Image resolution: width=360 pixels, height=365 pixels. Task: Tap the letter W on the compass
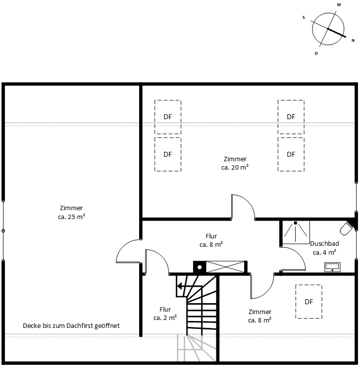tap(339, 4)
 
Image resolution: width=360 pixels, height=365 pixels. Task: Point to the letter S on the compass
tap(304, 17)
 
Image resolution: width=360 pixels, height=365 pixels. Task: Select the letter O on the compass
tap(316, 53)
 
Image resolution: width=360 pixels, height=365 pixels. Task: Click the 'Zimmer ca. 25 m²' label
tap(71, 212)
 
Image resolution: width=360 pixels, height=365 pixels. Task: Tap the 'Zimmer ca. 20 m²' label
tap(235, 163)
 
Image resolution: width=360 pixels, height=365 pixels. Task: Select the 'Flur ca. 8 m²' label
tap(211, 240)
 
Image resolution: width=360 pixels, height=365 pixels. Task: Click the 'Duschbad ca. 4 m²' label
tap(324, 248)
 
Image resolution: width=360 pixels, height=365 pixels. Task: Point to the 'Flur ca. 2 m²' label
tap(165, 314)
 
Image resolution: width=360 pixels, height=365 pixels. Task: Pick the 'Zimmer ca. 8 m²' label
tap(259, 316)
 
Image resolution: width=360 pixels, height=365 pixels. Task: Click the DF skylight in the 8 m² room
tap(309, 301)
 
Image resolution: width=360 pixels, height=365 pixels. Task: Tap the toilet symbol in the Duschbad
tap(346, 229)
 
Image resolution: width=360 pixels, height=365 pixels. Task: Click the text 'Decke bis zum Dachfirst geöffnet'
tap(71, 326)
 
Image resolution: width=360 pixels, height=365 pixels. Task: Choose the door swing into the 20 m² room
tap(243, 207)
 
